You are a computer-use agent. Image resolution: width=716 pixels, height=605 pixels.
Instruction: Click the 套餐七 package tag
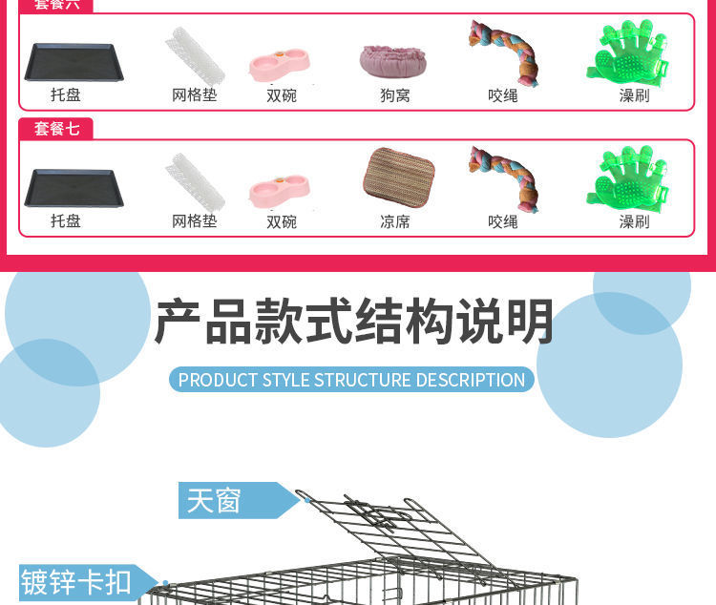tap(56, 129)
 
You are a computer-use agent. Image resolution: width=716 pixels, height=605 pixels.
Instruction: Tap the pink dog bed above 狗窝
tap(393, 60)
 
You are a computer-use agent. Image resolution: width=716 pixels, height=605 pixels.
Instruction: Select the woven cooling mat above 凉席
tap(398, 177)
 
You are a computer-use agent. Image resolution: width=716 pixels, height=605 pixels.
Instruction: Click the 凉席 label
tap(395, 221)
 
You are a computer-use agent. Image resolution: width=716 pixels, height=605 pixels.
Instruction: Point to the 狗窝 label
tap(395, 95)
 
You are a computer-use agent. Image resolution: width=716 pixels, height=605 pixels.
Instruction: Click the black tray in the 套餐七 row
tap(74, 187)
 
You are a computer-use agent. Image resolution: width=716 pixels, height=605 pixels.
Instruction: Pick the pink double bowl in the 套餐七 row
tap(280, 187)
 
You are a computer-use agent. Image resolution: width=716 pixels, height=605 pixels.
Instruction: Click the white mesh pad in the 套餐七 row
tap(195, 181)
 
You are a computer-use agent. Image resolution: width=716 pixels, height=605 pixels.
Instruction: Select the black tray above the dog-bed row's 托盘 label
tap(74, 62)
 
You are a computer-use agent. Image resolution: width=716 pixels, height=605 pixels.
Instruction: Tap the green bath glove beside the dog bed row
tap(627, 53)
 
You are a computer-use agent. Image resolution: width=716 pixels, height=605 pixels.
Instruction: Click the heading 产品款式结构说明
tap(354, 322)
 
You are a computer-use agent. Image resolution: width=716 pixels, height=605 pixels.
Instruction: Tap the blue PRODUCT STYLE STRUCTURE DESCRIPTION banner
tap(351, 380)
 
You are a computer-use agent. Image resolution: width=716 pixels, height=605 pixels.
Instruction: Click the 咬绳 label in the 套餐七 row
tap(503, 221)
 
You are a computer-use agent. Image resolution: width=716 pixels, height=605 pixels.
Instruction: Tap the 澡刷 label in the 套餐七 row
tap(634, 221)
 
